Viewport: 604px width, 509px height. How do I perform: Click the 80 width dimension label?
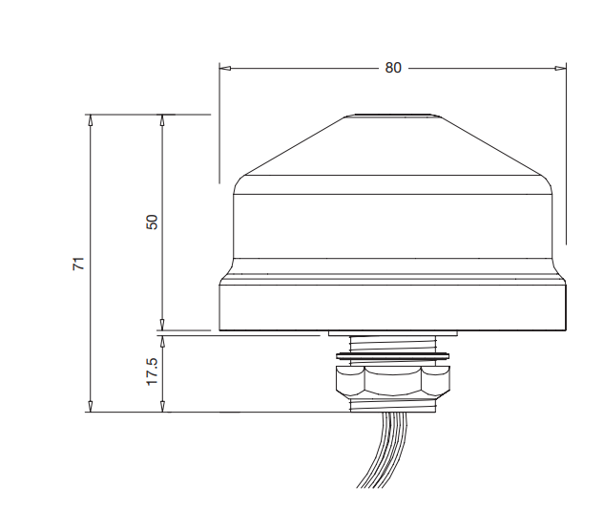[393, 68]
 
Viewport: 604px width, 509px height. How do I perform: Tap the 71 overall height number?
[80, 263]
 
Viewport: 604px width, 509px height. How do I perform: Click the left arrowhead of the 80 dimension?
[225, 68]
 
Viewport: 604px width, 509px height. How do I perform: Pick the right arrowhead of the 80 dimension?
[560, 68]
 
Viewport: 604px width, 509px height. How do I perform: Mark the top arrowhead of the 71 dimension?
[91, 120]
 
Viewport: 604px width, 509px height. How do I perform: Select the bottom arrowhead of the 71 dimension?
[91, 407]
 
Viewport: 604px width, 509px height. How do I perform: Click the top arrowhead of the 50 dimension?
[162, 120]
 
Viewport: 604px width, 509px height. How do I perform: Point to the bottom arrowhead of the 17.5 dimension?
[162, 407]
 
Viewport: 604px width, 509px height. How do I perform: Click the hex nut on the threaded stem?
[392, 381]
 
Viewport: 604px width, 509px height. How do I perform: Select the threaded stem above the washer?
[392, 344]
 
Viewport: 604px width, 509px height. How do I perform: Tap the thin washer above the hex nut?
[392, 358]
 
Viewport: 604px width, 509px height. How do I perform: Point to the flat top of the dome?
[392, 117]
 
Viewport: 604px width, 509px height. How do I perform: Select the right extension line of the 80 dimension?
[566, 153]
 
